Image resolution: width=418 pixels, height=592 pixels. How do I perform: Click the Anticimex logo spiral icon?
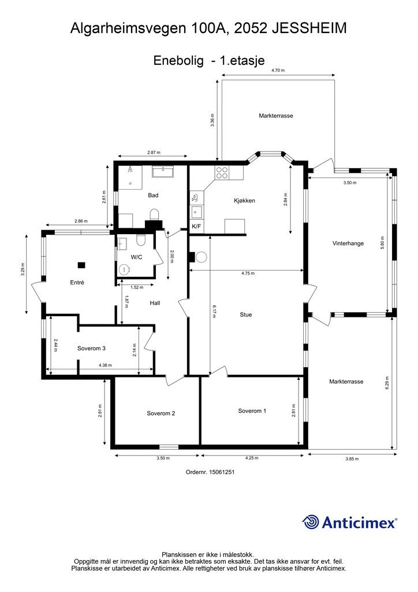coord(310,522)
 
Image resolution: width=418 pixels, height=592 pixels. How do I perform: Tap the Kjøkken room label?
coord(244,201)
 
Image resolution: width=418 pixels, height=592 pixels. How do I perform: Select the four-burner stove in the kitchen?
coord(222,172)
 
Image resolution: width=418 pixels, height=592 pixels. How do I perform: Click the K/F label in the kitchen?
coord(196,227)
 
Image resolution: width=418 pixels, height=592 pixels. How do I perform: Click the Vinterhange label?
coord(348,243)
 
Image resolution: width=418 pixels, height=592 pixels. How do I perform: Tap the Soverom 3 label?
coord(91,348)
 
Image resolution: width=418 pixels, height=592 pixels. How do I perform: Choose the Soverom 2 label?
coord(161,413)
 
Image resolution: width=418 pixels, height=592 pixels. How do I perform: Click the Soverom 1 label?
coord(252,411)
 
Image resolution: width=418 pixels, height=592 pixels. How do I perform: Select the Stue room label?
coord(246,314)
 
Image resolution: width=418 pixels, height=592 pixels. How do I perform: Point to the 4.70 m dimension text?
coord(278,70)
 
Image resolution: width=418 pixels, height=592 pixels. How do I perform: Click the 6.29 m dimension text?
coord(387,383)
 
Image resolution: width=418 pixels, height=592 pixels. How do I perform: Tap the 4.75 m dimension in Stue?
coord(248,273)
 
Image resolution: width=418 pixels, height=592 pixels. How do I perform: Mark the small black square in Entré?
coord(81,265)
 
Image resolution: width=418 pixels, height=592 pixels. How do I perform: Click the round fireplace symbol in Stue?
coord(201,257)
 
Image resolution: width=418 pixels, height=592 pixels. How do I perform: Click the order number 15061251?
coord(222,472)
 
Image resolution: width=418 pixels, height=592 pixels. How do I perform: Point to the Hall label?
coord(155,303)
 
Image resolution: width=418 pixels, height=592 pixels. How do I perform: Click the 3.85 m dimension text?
coord(352,459)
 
